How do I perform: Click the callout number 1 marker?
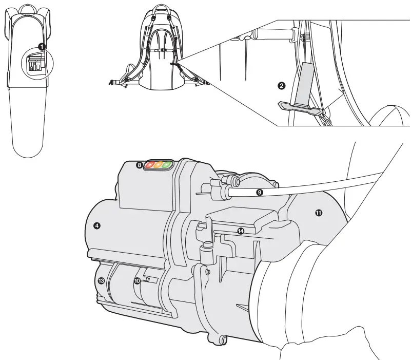(43, 46)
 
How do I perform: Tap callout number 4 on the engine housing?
(97, 225)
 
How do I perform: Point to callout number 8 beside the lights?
(139, 165)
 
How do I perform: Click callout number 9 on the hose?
(259, 192)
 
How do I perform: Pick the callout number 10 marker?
(137, 281)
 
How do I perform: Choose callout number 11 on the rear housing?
(318, 212)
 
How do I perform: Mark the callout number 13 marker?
(101, 280)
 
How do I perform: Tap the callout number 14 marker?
(240, 231)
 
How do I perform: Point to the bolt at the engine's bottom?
(222, 339)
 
